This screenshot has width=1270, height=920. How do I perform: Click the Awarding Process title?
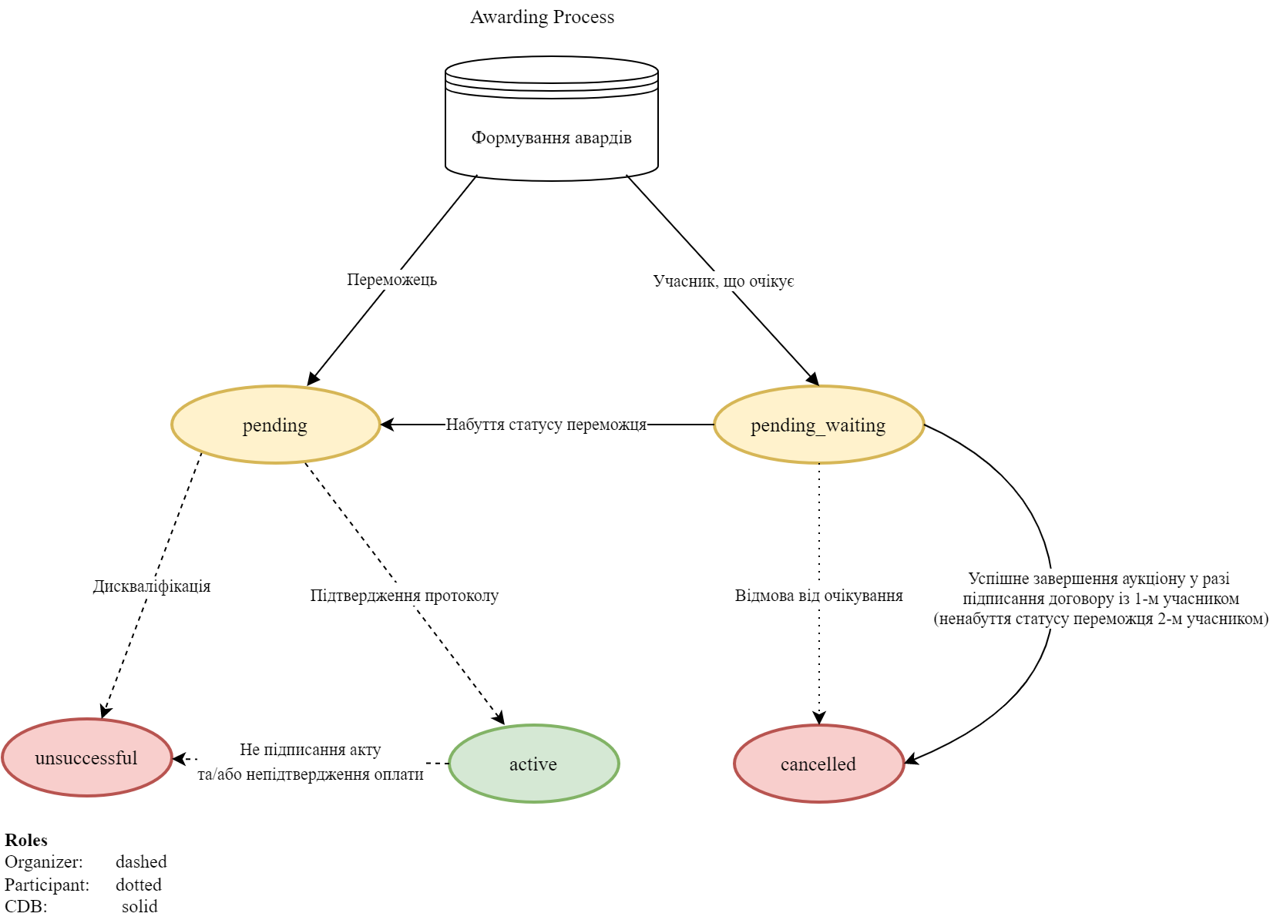coord(542,17)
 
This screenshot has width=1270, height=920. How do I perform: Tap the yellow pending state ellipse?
coord(275,425)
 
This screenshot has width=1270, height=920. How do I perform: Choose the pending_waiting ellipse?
coord(818,425)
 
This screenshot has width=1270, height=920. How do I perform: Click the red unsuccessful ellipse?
coord(86,758)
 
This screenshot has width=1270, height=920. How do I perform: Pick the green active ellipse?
coord(533,764)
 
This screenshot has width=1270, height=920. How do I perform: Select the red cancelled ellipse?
coord(818,764)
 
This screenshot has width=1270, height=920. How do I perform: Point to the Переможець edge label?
coord(391,279)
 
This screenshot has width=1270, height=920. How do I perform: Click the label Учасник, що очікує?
coord(723,280)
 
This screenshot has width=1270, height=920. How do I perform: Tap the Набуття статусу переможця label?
coord(546,425)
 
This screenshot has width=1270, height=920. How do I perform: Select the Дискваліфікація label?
coord(152,586)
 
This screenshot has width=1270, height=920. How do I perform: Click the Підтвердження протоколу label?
coord(404,595)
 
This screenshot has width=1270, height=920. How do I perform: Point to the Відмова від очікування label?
coord(818,596)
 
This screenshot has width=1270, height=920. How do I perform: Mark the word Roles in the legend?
coord(26,840)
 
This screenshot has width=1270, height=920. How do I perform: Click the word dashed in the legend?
coord(141,861)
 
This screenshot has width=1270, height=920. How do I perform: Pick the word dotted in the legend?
coord(139,885)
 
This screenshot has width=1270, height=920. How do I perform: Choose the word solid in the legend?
coord(139,906)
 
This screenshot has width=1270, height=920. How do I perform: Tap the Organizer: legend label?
coord(44,861)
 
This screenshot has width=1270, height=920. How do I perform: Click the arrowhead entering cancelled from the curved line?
coord(910,761)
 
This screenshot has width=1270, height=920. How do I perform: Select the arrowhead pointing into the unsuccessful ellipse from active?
coord(179,759)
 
